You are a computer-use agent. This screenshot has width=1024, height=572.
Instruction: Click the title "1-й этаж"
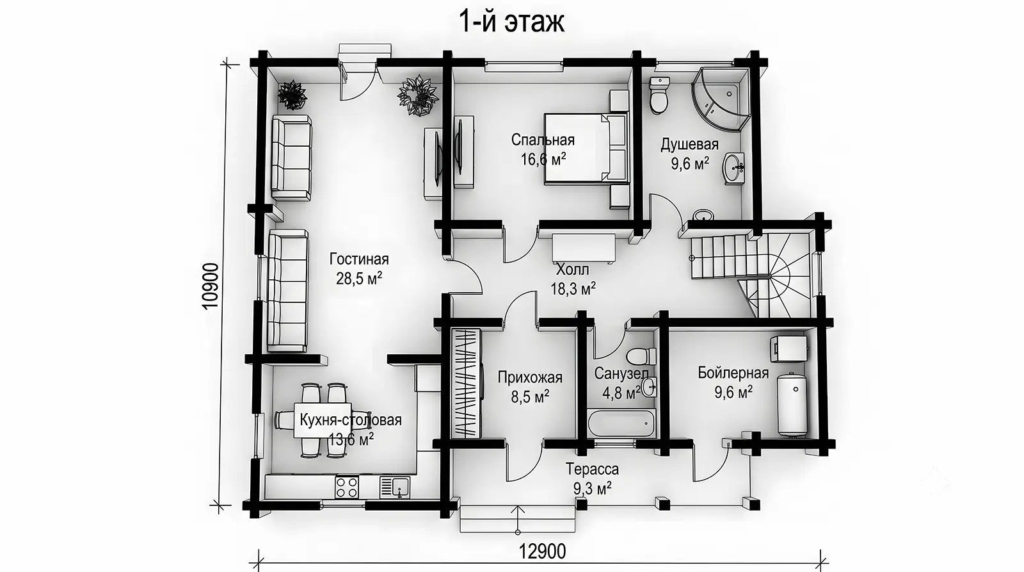tap(511, 22)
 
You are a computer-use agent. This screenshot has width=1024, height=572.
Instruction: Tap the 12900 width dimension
tap(542, 552)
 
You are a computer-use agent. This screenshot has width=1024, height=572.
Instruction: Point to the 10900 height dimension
tap(211, 286)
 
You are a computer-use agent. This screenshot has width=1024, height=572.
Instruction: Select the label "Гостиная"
tap(359, 259)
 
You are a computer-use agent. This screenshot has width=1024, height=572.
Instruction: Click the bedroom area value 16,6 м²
tap(543, 159)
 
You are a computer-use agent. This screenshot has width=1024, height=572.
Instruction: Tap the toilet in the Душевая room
tap(659, 95)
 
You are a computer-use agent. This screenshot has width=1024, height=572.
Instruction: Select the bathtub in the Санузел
tap(621, 424)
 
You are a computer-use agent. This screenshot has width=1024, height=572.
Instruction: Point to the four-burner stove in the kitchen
tap(347, 487)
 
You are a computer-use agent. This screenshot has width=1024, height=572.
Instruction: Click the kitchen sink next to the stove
tap(395, 487)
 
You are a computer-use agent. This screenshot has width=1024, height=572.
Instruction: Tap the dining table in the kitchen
tap(323, 420)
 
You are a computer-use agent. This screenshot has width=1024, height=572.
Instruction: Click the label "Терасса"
tap(592, 469)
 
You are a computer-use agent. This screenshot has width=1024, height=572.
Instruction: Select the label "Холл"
tap(572, 270)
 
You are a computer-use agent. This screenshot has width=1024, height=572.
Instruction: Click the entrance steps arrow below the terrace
tap(518, 519)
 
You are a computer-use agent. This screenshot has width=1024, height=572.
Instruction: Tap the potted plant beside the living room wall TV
tap(419, 96)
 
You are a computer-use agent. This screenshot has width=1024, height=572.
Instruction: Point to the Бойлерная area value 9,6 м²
tap(733, 393)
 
